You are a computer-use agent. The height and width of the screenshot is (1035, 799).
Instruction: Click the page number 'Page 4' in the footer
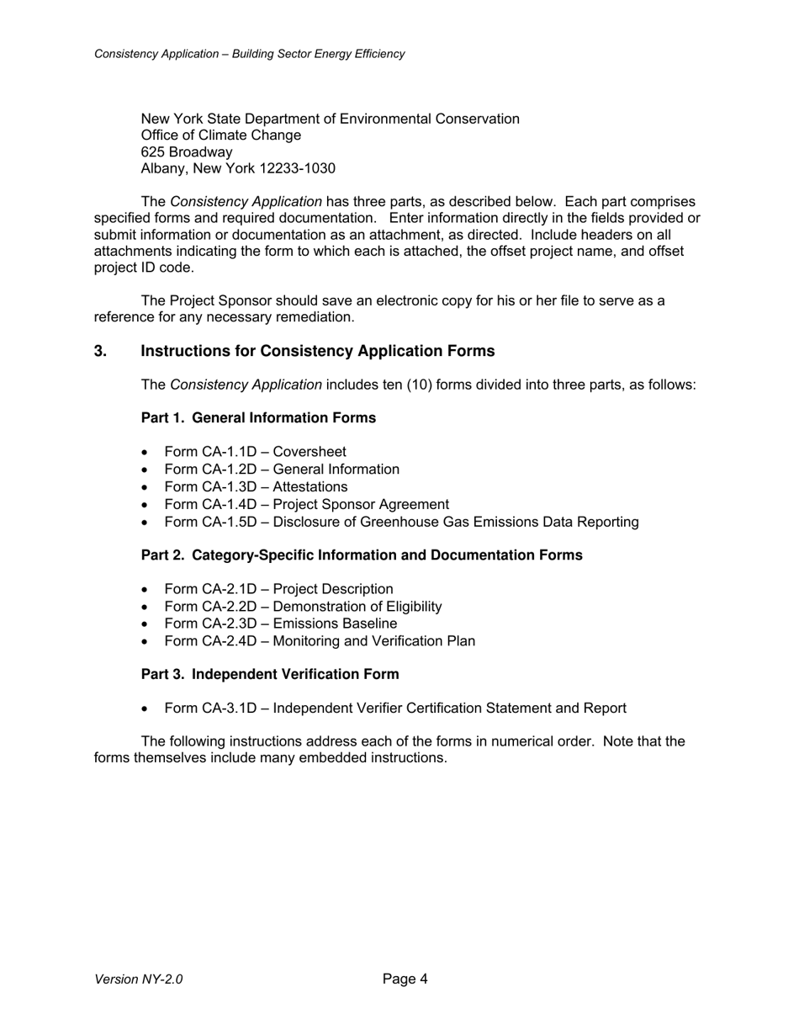(405, 979)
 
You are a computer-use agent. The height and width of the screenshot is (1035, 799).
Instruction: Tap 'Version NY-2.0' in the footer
(139, 979)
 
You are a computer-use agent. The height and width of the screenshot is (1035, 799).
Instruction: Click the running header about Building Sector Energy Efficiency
(250, 54)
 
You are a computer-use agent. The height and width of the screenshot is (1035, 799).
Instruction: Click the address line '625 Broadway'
(187, 152)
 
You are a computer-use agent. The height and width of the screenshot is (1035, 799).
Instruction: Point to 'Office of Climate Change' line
(221, 135)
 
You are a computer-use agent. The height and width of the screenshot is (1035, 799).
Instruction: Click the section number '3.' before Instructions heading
(101, 351)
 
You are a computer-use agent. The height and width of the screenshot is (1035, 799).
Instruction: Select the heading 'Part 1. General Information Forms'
(258, 418)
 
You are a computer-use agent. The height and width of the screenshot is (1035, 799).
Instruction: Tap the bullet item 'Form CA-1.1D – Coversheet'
(255, 452)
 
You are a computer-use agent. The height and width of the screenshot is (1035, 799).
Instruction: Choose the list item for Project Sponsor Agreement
(306, 505)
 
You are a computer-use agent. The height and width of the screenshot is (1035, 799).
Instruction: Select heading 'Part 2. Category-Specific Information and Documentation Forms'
(362, 555)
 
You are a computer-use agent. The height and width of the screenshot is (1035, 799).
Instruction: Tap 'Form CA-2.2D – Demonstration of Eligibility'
(303, 607)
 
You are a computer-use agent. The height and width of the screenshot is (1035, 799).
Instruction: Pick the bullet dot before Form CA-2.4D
(146, 642)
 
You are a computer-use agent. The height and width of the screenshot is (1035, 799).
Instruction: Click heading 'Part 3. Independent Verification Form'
(270, 675)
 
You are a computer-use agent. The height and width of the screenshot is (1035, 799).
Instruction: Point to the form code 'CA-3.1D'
(229, 709)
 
